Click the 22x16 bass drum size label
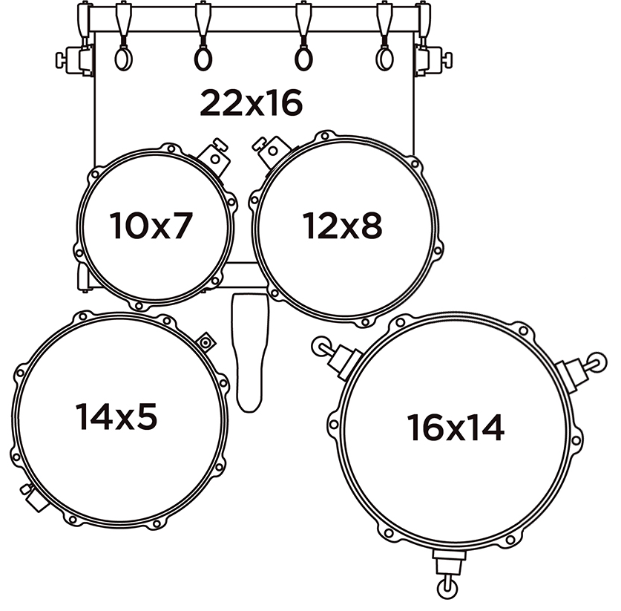[x=251, y=103]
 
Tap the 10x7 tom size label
[x=151, y=226]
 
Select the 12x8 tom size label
[x=342, y=226]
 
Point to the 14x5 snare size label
[x=116, y=416]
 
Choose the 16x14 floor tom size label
[x=456, y=428]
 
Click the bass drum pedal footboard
[x=250, y=353]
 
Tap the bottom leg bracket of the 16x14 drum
[x=448, y=573]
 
